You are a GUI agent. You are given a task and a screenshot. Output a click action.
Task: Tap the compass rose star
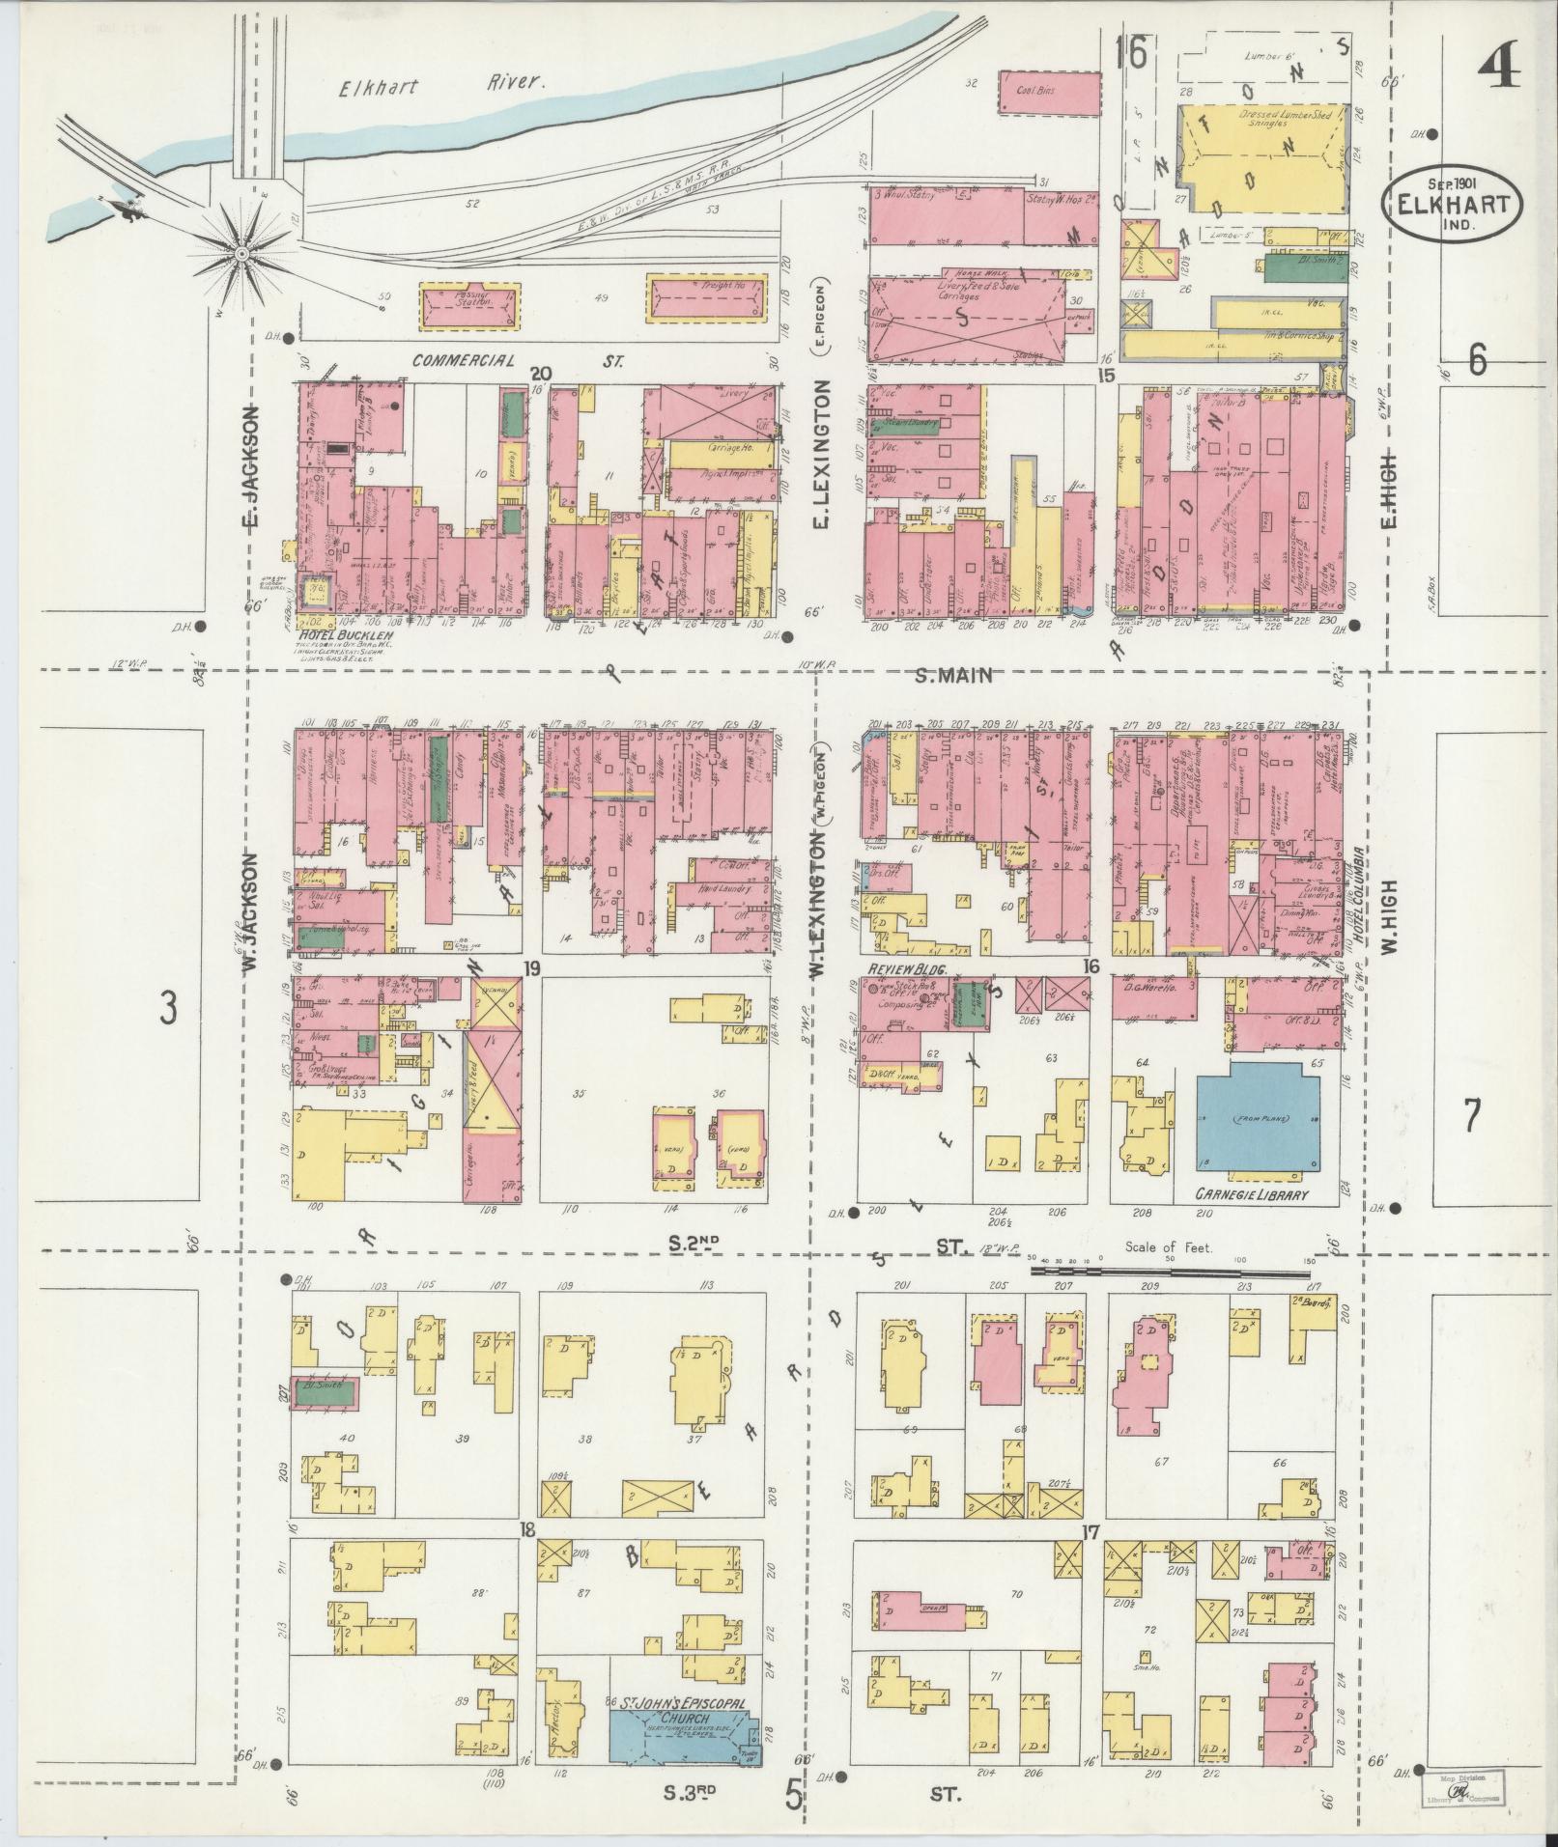241,254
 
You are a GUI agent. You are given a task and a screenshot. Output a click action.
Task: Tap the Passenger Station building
469,302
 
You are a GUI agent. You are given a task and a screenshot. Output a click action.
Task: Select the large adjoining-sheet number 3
169,1011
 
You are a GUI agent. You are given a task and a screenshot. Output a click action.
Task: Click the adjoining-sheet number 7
1471,1116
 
